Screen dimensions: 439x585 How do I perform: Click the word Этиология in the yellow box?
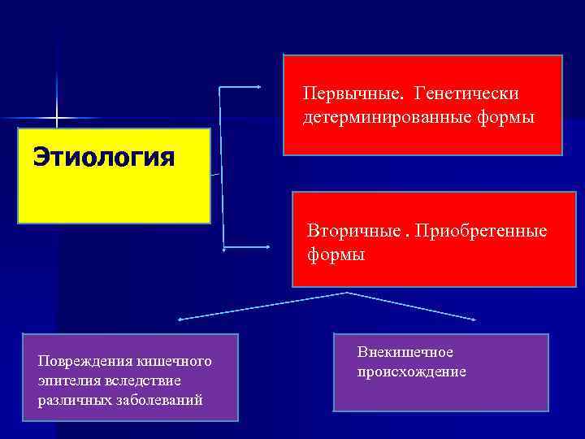click(x=103, y=156)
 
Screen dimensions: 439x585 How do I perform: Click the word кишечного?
click(x=171, y=361)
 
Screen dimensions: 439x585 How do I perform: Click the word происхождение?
click(x=412, y=372)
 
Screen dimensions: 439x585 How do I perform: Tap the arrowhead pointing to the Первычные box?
click(x=259, y=87)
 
